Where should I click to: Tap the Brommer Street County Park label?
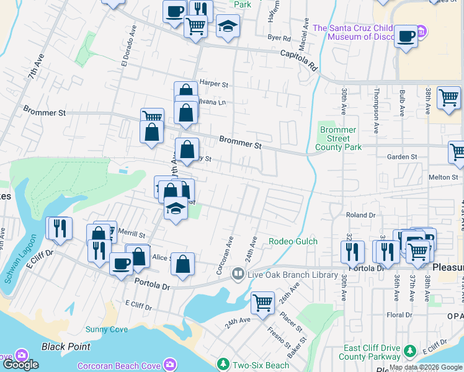pyautogui.click(x=338, y=139)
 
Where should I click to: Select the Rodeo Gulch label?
pyautogui.click(x=293, y=241)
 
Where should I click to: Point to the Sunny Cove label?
pyautogui.click(x=107, y=329)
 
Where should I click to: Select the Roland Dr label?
pyautogui.click(x=361, y=215)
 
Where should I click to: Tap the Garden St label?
pyautogui.click(x=402, y=157)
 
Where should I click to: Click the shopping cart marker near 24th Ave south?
pyautogui.click(x=262, y=303)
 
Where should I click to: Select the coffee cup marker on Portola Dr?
pyautogui.click(x=121, y=263)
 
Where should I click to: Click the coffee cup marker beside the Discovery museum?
pyautogui.click(x=406, y=35)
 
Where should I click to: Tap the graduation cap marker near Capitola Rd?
pyautogui.click(x=228, y=26)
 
